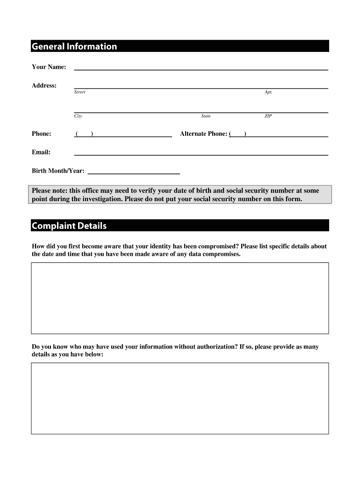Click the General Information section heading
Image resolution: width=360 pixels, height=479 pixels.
(x=74, y=46)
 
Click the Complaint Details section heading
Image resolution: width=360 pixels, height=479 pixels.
(x=69, y=226)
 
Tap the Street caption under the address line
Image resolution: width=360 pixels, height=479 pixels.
(x=79, y=92)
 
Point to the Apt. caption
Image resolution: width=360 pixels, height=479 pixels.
(x=268, y=92)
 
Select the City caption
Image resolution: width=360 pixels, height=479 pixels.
(x=78, y=116)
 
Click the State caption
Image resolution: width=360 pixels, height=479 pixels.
(x=206, y=116)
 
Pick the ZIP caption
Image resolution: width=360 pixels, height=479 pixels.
(x=268, y=116)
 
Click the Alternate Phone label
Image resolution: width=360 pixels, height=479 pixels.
(x=203, y=134)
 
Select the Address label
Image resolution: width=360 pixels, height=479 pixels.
(x=44, y=86)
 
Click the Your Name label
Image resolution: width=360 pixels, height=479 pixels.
(x=49, y=67)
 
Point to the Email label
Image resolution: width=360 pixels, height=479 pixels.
(x=41, y=152)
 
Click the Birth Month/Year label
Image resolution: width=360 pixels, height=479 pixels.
(x=58, y=171)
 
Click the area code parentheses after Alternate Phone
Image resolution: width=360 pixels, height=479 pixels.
(x=238, y=134)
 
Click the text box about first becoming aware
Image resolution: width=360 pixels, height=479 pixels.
(x=180, y=298)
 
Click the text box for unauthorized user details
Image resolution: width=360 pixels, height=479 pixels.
(x=180, y=398)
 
